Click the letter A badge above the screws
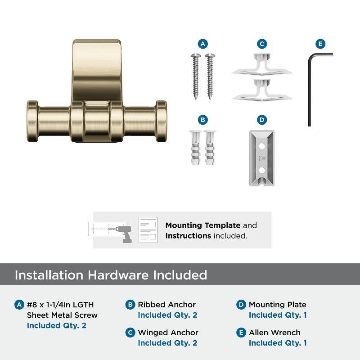pyautogui.click(x=203, y=44)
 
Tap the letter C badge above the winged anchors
pyautogui.click(x=262, y=44)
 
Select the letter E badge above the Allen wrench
pyautogui.click(x=320, y=44)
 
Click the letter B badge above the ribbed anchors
pyautogui.click(x=203, y=120)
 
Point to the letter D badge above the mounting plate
pyautogui.click(x=262, y=120)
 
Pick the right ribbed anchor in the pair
pyautogui.click(x=210, y=147)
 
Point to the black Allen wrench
pyautogui.click(x=310, y=90)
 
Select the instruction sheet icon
pyautogui.click(x=148, y=229)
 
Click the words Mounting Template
pyautogui.click(x=203, y=225)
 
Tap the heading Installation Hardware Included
pyautogui.click(x=111, y=275)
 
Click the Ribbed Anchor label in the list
pyautogui.click(x=166, y=305)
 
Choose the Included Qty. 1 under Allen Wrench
pyautogui.click(x=278, y=343)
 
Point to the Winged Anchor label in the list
pyautogui.click(x=168, y=333)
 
